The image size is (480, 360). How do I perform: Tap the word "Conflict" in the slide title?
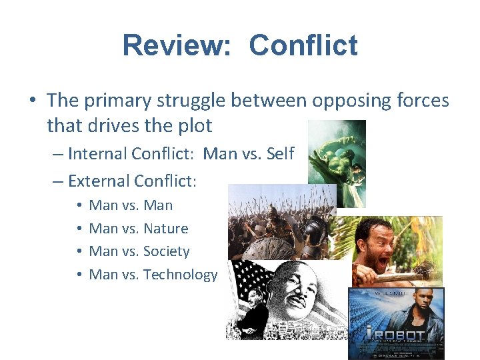click(x=303, y=46)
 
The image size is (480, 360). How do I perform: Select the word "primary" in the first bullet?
click(x=121, y=101)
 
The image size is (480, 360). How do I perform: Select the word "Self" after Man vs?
click(x=279, y=154)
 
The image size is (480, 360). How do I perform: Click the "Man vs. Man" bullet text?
click(x=131, y=205)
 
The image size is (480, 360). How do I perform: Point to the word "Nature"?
click(x=166, y=229)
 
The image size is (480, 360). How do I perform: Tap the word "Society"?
click(x=167, y=251)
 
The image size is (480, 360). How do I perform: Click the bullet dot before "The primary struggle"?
click(x=33, y=101)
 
